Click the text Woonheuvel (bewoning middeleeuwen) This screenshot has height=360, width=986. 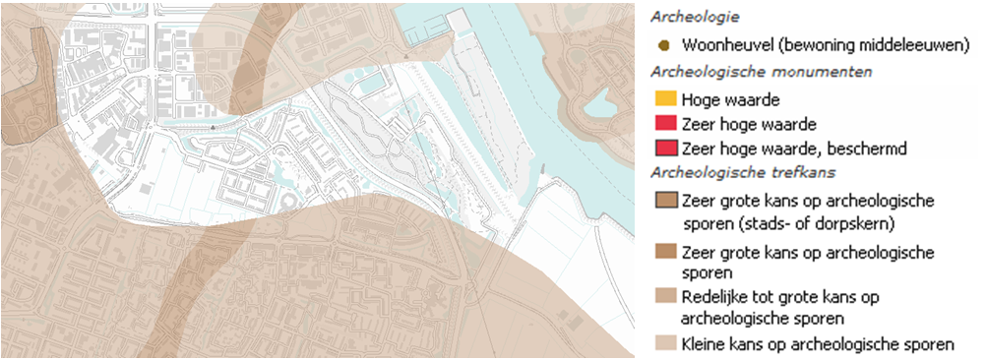tap(814, 45)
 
